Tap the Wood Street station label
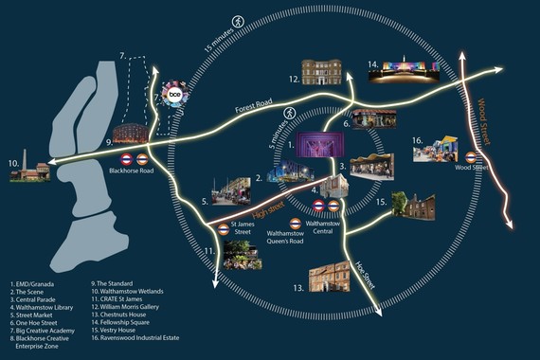pos(471,169)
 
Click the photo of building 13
pos(330,277)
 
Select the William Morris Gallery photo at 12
pos(321,74)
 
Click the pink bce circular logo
pos(174,96)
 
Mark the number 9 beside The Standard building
pos(110,142)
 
